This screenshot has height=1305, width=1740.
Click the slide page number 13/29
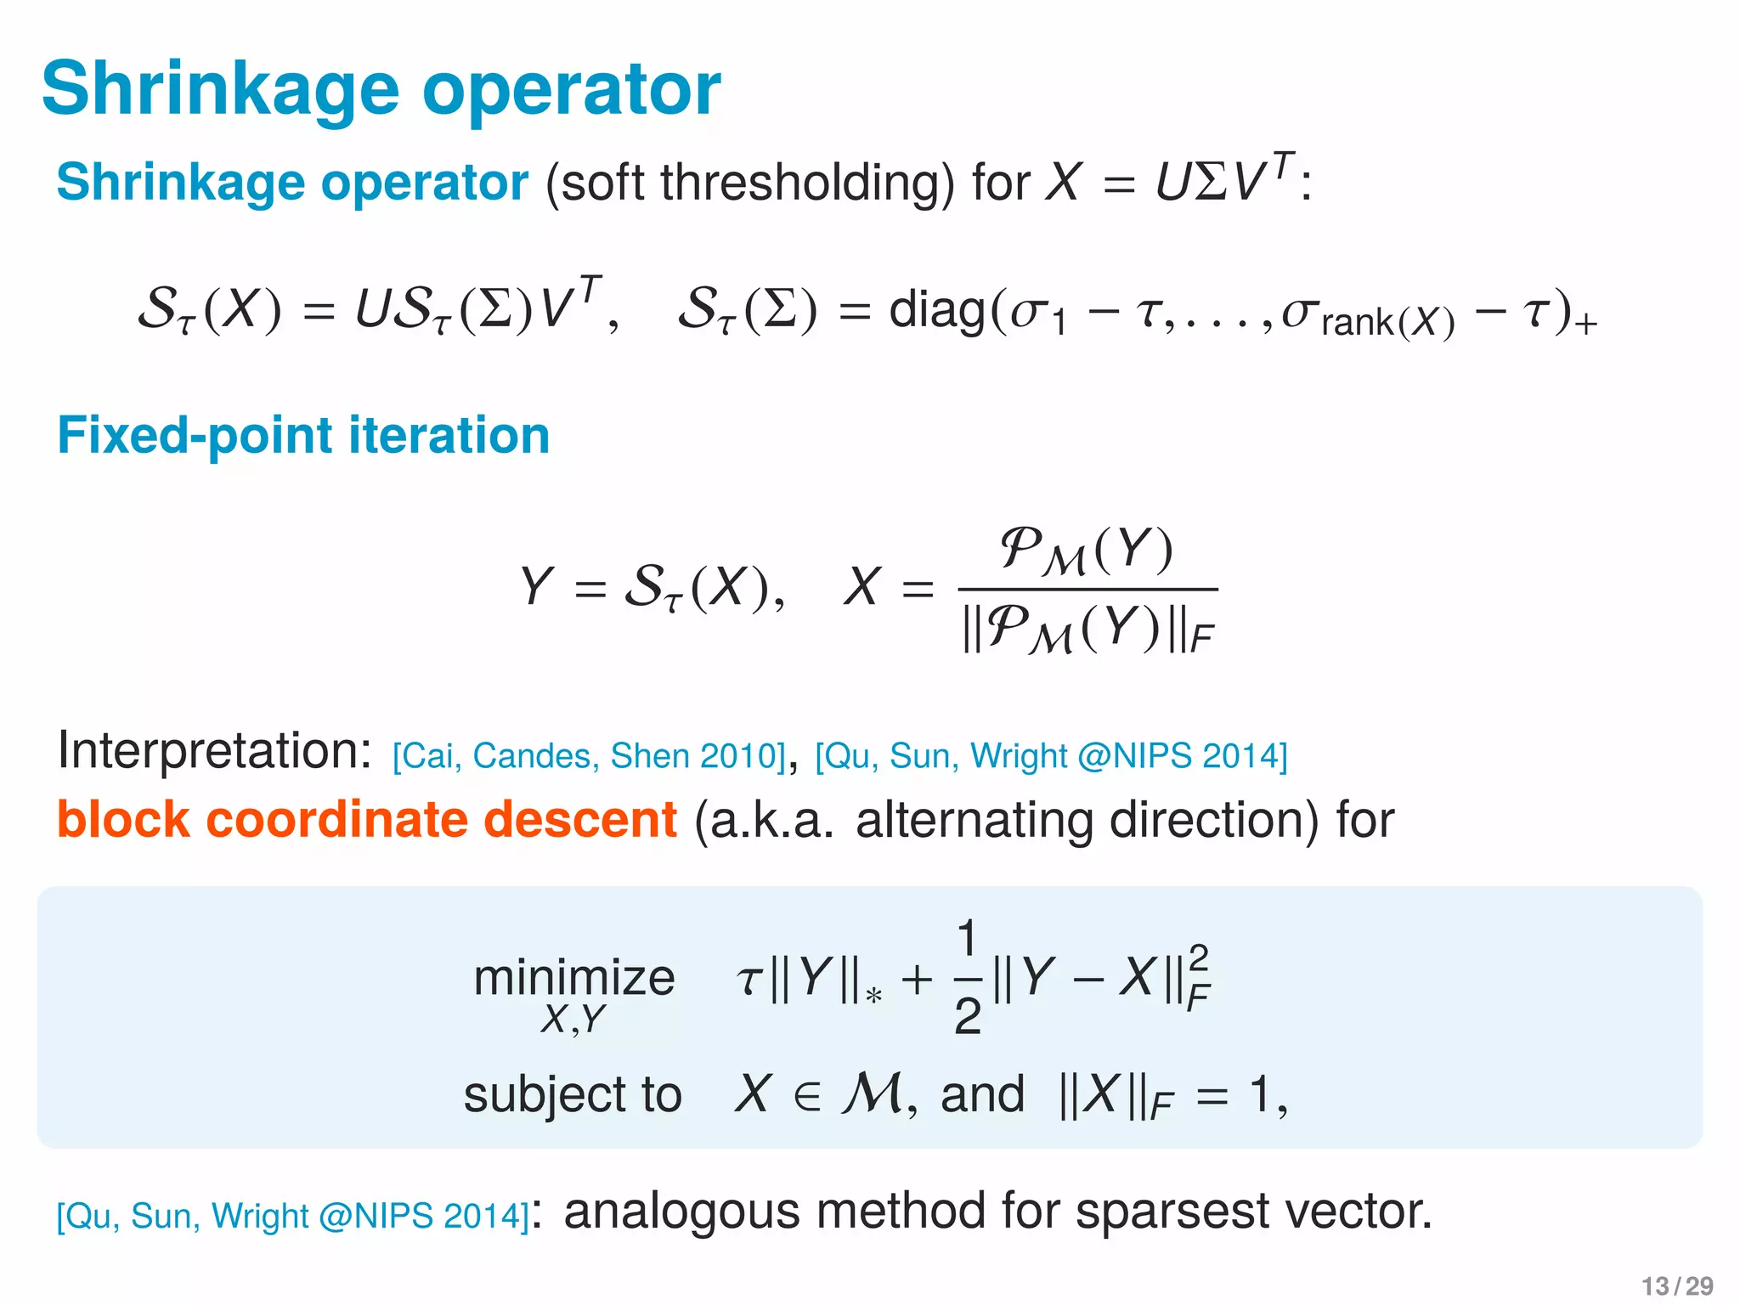coord(1676,1285)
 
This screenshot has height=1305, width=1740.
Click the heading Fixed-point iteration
coord(303,435)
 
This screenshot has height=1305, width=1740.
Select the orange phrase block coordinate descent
coord(366,820)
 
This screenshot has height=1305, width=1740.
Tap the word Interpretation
coord(214,751)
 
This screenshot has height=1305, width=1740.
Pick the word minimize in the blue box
coord(573,977)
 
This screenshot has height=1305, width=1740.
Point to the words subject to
coord(572,1094)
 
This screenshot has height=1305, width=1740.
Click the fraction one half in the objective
coord(967,977)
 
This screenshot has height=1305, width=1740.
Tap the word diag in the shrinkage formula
coord(936,309)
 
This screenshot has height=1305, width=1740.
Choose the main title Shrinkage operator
coord(381,89)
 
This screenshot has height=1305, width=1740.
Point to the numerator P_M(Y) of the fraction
coord(1087,551)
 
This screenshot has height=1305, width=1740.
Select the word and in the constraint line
coord(982,1094)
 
